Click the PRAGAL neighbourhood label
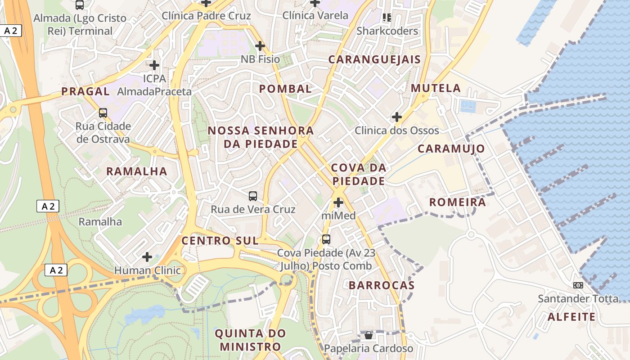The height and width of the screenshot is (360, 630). (x=85, y=91)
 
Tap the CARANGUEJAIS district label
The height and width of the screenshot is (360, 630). (x=374, y=59)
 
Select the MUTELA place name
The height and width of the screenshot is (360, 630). (x=436, y=88)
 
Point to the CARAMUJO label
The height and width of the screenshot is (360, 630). (x=451, y=149)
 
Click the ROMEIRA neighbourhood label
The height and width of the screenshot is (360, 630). (x=457, y=202)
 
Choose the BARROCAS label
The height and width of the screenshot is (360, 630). (x=382, y=285)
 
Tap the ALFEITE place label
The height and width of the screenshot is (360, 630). (x=571, y=317)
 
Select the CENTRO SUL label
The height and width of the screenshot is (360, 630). (x=220, y=241)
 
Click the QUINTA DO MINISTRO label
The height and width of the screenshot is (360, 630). (x=250, y=340)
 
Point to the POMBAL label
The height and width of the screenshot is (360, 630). (x=285, y=89)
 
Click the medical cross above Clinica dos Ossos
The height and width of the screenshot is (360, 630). (x=396, y=117)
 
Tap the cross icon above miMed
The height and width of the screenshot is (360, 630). (x=338, y=202)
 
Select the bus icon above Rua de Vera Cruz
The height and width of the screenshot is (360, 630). (x=253, y=196)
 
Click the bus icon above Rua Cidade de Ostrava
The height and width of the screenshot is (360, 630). (x=103, y=113)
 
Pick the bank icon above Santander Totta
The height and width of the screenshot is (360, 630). (x=578, y=285)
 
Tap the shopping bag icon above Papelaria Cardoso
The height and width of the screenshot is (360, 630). (x=369, y=335)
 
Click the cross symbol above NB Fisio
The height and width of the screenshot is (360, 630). (x=260, y=46)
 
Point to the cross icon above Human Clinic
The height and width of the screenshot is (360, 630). (x=147, y=257)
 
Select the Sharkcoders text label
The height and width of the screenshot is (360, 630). (x=387, y=31)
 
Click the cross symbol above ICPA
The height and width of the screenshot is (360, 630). (x=154, y=65)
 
